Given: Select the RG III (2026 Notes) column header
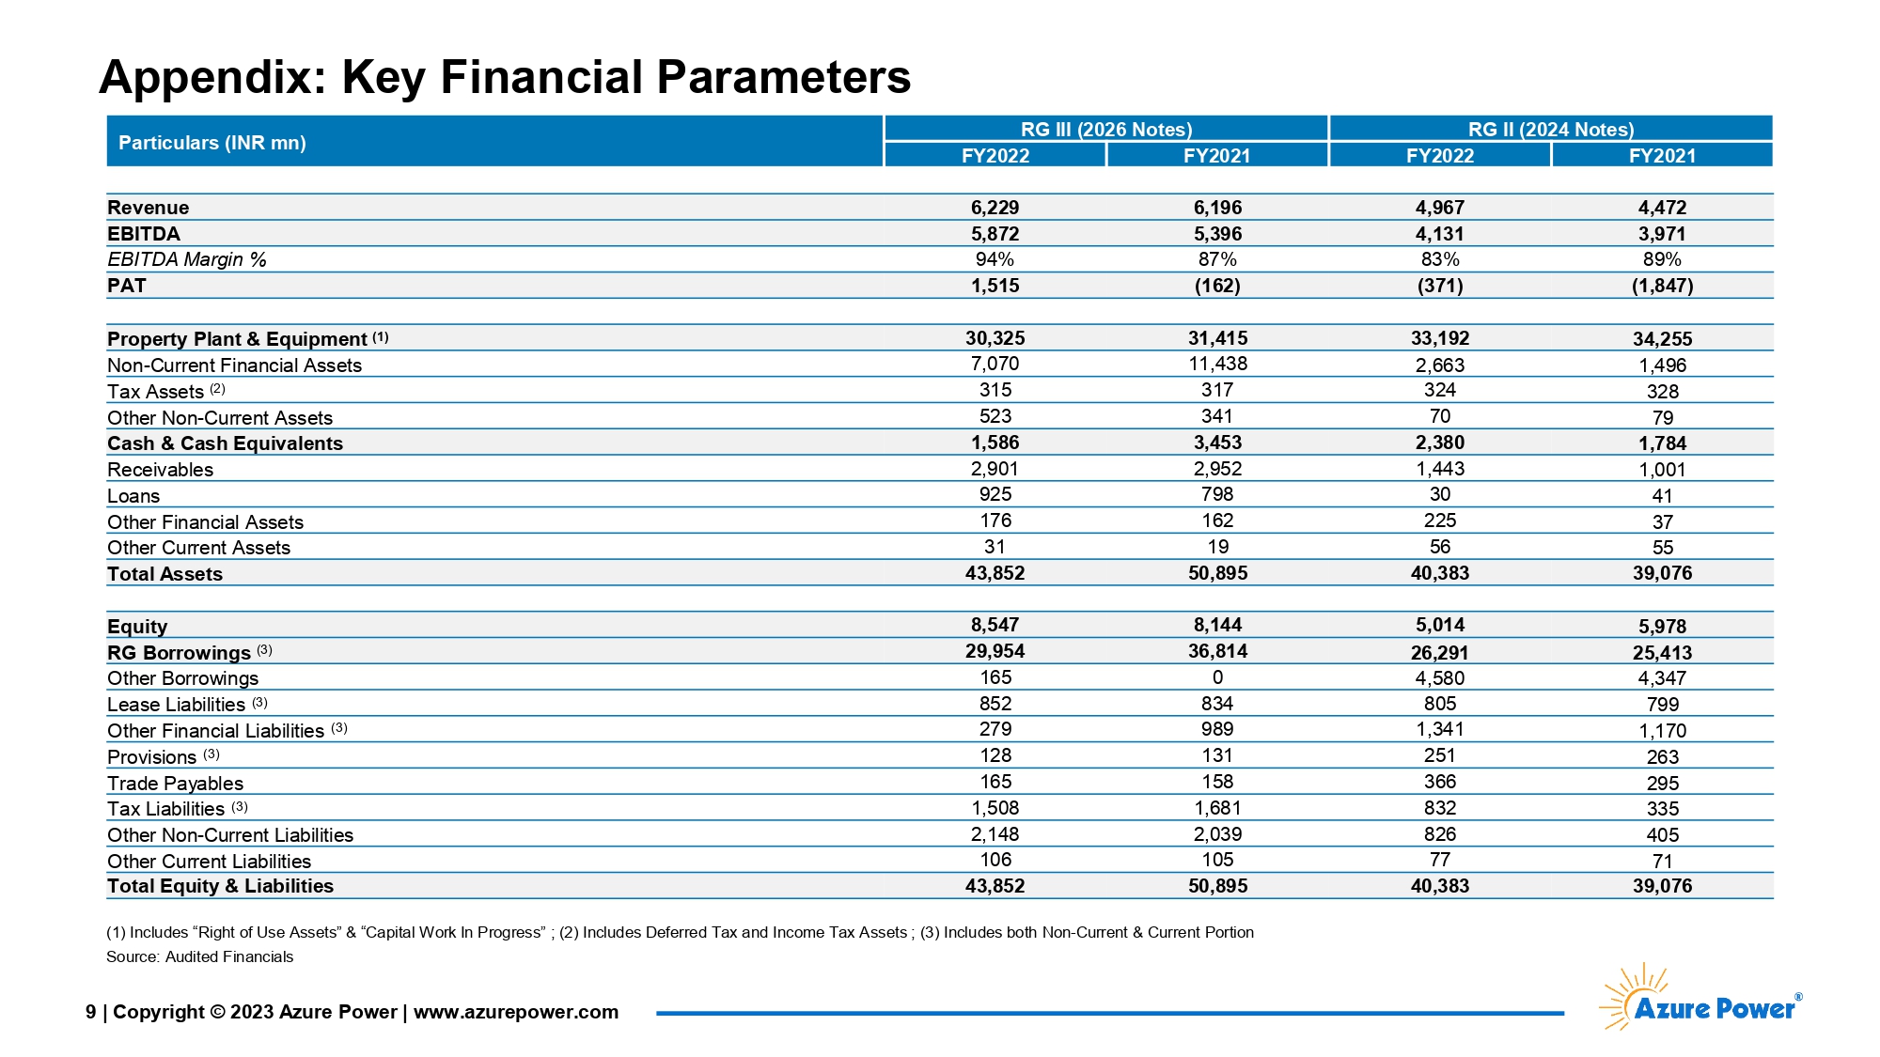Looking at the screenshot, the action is (x=1106, y=129).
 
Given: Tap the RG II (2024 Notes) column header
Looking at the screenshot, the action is (x=1551, y=129).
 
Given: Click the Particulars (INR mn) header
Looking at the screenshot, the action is (x=212, y=143).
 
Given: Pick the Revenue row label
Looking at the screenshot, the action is (x=149, y=208).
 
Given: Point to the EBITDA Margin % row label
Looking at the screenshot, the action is (x=187, y=259).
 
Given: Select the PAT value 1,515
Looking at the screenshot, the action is (x=995, y=286).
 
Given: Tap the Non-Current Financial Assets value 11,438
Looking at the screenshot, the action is (x=1218, y=364).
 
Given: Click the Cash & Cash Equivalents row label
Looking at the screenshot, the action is (x=226, y=443).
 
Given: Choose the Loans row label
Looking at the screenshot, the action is (x=133, y=496).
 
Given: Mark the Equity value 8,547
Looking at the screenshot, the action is (x=995, y=625).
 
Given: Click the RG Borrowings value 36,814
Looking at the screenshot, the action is (x=1218, y=651).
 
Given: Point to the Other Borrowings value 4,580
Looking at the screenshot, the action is (x=1440, y=678).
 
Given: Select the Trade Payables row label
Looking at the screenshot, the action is (x=176, y=784).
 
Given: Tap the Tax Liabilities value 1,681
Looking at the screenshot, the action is (x=1218, y=808).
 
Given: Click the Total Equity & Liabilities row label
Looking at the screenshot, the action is (x=221, y=886).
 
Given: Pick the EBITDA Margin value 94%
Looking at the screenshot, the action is (x=995, y=259).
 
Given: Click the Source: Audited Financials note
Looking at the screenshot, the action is (x=200, y=956).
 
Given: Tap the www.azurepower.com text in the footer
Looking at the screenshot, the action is (x=516, y=1012).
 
